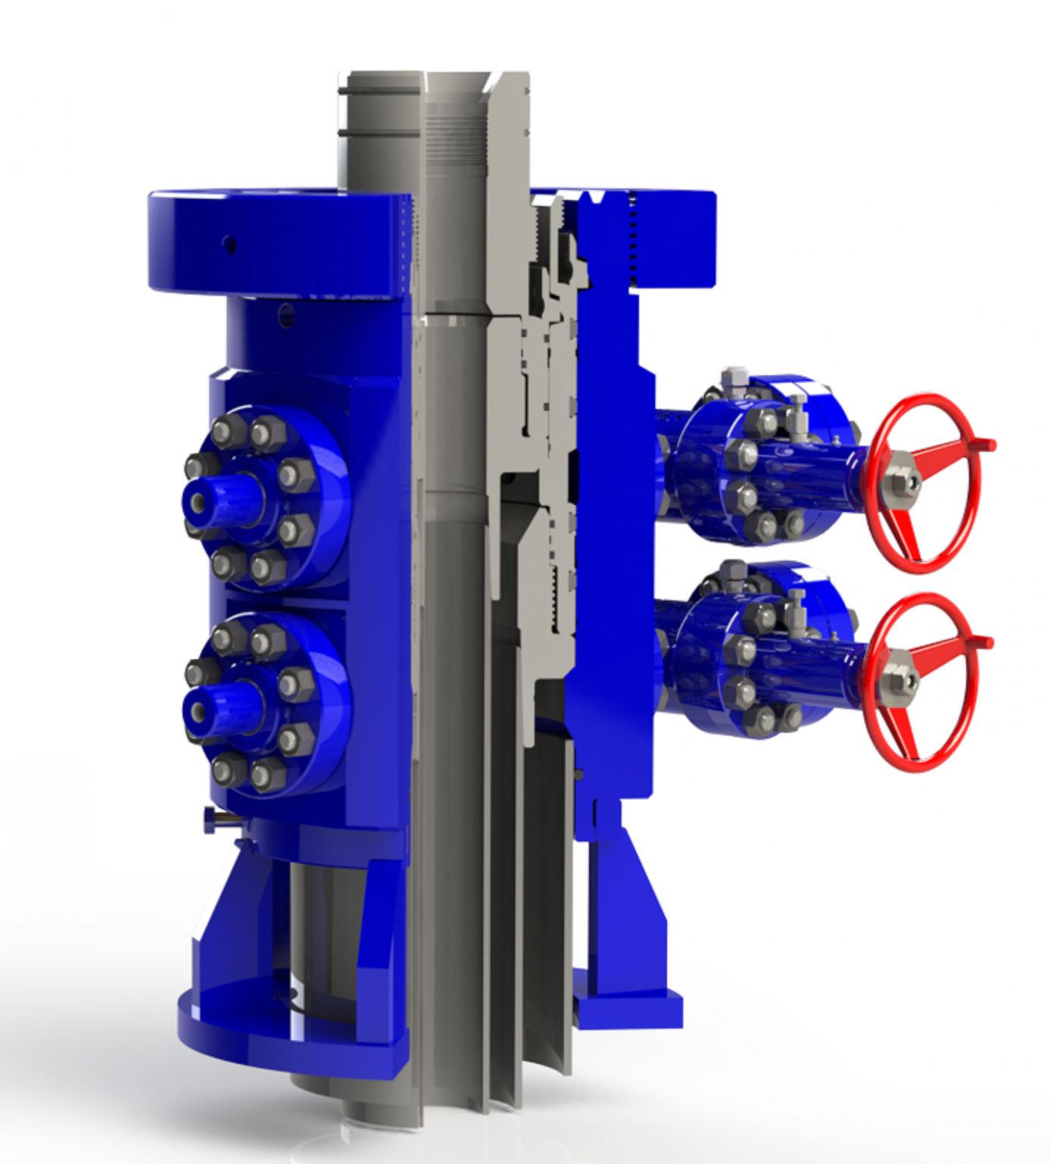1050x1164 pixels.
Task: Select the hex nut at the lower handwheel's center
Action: tap(899, 680)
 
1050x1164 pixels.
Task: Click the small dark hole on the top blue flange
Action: tap(230, 245)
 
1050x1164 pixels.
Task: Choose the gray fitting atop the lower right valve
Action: tap(732, 571)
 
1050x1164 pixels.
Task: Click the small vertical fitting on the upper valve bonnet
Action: tap(797, 413)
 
